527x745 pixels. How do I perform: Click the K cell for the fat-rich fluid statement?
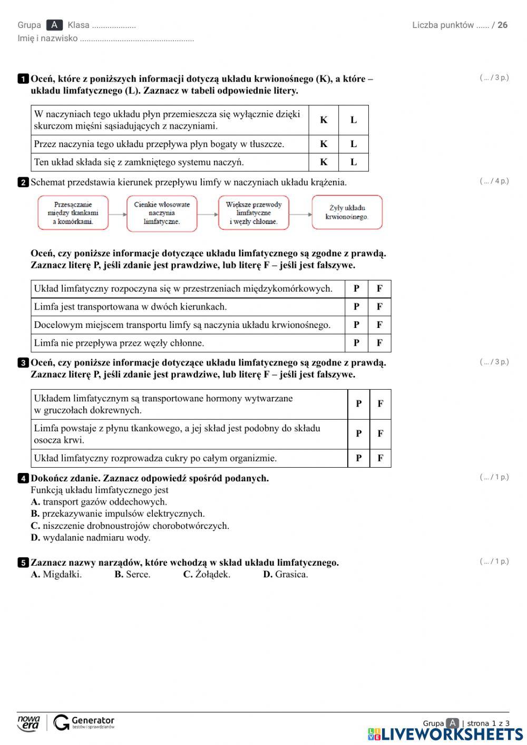coord(324,144)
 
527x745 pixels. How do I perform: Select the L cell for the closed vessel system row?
coord(353,162)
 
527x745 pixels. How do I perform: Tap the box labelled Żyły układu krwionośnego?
coord(347,212)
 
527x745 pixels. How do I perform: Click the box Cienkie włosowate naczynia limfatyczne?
coord(162,213)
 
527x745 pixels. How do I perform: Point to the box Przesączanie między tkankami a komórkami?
coord(73,213)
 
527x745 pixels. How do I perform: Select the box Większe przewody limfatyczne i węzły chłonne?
coord(253,213)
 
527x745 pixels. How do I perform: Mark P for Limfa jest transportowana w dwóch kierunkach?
coord(356,307)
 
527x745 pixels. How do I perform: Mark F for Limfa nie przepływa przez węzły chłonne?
coord(379,343)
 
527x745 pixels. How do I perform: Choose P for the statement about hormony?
coord(358,404)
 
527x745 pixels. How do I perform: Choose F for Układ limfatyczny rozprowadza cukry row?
coord(380,458)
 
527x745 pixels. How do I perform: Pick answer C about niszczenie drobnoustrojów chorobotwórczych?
coord(130,526)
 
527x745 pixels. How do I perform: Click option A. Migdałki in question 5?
coord(56,574)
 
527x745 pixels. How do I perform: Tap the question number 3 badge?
coord(23,363)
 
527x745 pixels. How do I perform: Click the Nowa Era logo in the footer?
coord(28,723)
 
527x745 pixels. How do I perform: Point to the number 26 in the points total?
coord(502,25)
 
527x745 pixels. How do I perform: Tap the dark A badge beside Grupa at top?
coord(54,25)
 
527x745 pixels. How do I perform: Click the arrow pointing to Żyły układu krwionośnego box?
coord(301,214)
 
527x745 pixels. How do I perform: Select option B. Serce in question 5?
coord(132,574)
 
